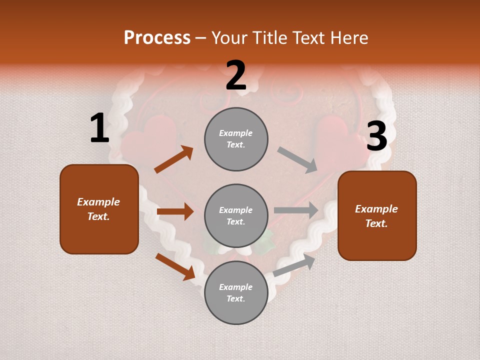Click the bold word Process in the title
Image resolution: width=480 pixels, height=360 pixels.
pos(157,38)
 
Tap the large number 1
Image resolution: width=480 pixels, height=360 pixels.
pos(99,128)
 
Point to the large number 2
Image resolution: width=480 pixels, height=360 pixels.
pos(236,75)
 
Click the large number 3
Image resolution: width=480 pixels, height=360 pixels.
pos(376,136)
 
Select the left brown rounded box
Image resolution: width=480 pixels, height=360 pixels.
pos(99,209)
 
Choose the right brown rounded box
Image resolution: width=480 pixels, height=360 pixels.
pos(376,216)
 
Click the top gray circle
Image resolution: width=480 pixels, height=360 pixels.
pos(236,139)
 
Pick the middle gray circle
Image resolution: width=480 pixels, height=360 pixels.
pos(236,216)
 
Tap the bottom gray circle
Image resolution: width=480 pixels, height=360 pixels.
pos(236,293)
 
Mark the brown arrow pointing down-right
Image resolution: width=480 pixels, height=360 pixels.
pos(175,266)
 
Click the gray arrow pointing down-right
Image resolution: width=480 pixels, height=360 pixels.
pos(297,159)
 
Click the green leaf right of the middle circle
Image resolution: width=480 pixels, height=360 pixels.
pos(265,243)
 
